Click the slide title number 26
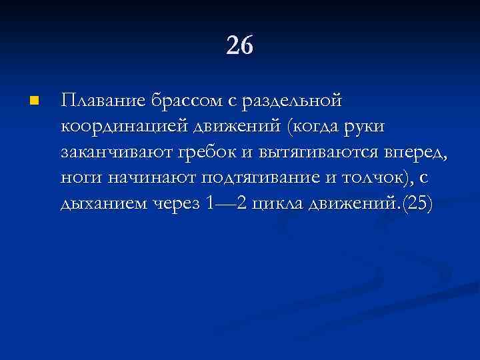tap(240, 46)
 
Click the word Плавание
tap(102, 101)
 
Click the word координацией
tap(125, 127)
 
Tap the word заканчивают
tap(116, 152)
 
